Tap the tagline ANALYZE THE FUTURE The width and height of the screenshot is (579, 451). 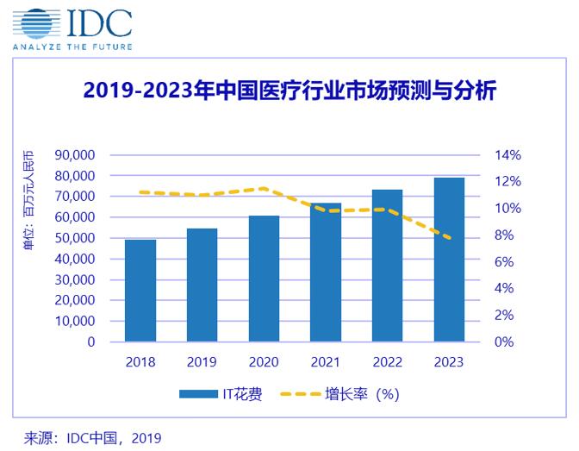73,46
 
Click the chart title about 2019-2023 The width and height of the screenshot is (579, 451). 289,91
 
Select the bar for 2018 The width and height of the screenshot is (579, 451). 140,291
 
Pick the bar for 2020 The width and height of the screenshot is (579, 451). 264,279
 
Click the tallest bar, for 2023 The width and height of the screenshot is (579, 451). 449,260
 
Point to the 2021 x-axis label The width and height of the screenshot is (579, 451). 326,362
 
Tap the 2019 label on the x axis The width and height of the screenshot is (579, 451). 202,362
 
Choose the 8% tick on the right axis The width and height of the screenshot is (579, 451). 506,235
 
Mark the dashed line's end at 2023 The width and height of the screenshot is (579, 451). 449,238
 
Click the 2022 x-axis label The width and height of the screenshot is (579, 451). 388,362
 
